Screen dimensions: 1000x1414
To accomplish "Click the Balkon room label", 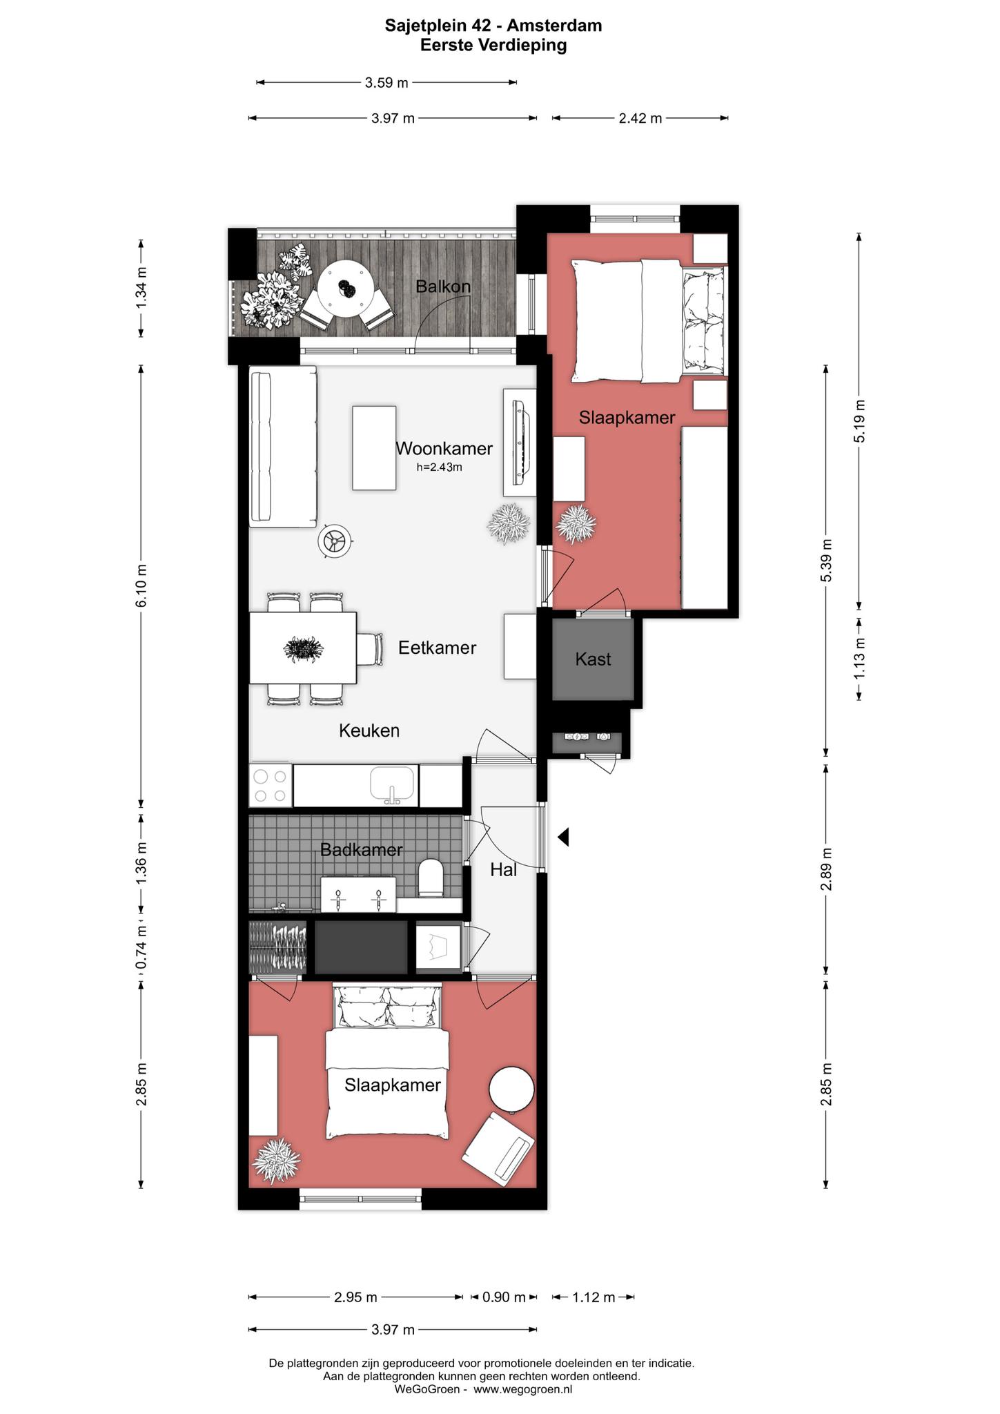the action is [x=443, y=286].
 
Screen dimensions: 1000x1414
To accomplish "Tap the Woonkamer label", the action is [x=444, y=449].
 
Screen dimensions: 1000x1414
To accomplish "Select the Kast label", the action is [x=593, y=659].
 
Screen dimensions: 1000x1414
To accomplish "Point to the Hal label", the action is [x=504, y=870].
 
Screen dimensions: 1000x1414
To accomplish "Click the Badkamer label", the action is [x=362, y=850].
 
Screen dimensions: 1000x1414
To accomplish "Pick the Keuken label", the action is [x=369, y=730].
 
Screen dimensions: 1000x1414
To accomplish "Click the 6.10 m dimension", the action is [x=141, y=585].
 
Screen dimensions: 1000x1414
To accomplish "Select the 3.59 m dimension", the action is [x=386, y=83].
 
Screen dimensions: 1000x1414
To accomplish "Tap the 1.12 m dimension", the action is [x=594, y=1297].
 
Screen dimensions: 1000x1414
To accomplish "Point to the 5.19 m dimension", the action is [x=859, y=421].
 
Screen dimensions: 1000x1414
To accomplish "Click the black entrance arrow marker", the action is [x=563, y=838].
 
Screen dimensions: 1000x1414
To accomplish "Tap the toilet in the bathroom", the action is [x=431, y=878].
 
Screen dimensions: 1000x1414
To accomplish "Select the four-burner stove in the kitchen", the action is [x=270, y=786].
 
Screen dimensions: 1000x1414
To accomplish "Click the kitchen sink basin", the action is [x=393, y=785].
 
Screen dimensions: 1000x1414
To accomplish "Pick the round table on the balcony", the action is [x=346, y=289].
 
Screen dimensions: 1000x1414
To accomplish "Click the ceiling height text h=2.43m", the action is [x=439, y=467].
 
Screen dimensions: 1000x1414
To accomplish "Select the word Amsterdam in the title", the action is [x=554, y=26].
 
